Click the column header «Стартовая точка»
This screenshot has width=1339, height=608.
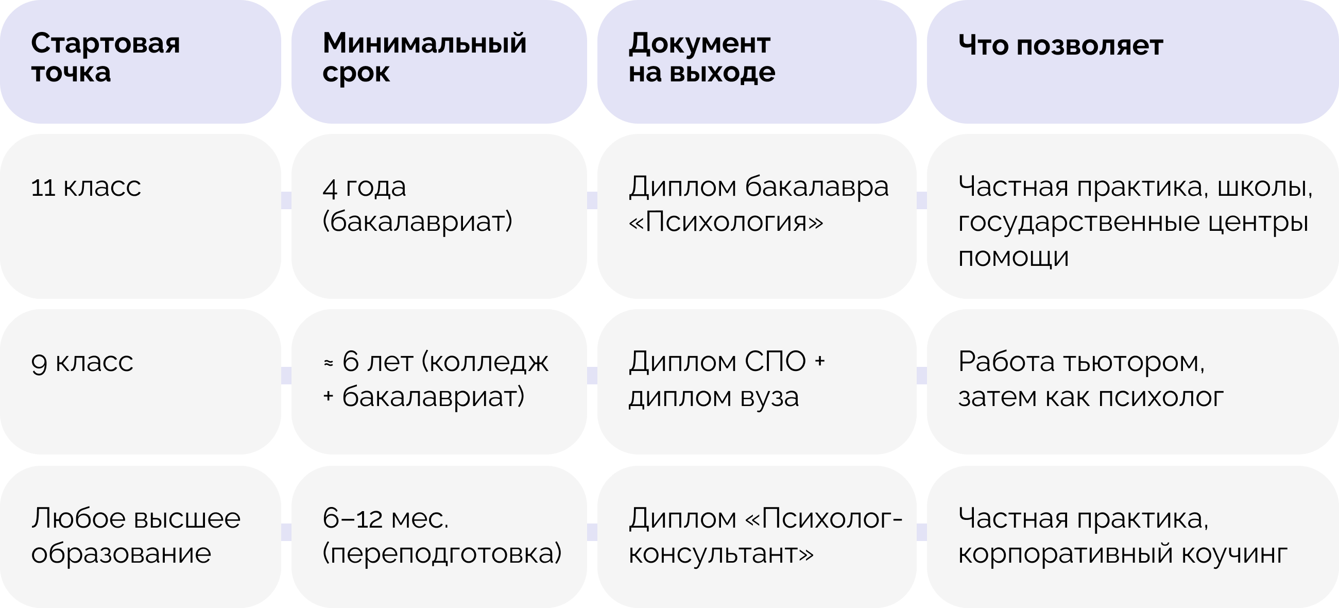[x=141, y=61]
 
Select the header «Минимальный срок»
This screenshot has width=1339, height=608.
[x=439, y=61]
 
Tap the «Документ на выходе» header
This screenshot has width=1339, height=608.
[x=757, y=61]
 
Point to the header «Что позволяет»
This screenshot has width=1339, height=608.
[x=1132, y=61]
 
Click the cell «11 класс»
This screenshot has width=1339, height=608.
[x=141, y=216]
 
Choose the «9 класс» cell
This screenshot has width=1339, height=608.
[x=141, y=381]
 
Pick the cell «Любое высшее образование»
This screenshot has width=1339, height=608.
[x=141, y=536]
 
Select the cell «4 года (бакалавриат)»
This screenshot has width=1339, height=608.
[x=439, y=216]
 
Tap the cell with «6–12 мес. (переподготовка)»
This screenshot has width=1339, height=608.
[x=439, y=536]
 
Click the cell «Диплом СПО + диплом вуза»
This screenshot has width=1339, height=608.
[x=757, y=381]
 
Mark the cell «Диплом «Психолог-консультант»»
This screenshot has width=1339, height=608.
[x=757, y=536]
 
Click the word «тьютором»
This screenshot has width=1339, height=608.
[x=1133, y=363]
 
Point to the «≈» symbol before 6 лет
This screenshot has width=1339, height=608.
[x=329, y=364]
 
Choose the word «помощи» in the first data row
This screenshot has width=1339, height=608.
[x=1014, y=258]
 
